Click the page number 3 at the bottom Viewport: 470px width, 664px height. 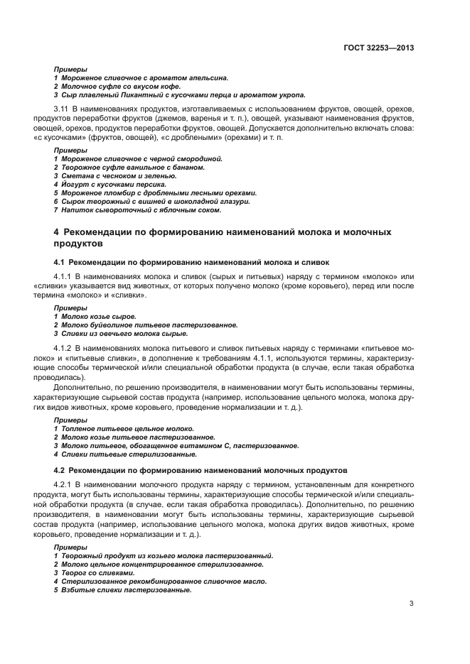[412, 604]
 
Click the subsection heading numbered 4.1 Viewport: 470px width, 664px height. [191, 262]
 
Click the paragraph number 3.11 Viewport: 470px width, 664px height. [62, 108]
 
